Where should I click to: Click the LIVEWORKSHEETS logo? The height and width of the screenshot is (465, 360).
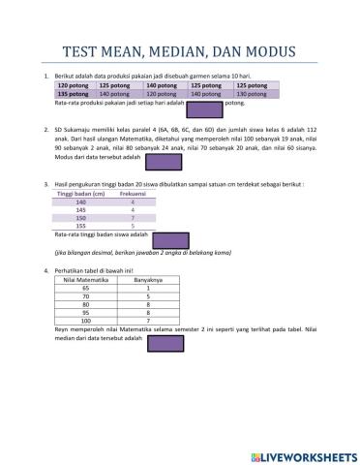point(302,454)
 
